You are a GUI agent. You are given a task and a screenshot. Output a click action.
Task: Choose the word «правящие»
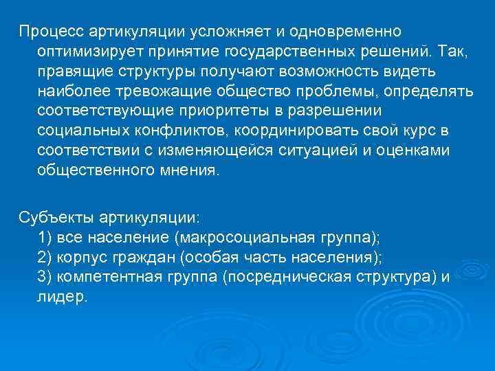click(69, 72)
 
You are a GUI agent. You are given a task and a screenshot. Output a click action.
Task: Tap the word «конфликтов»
click(159, 131)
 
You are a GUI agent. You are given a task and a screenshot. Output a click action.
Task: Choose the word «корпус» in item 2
click(82, 258)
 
